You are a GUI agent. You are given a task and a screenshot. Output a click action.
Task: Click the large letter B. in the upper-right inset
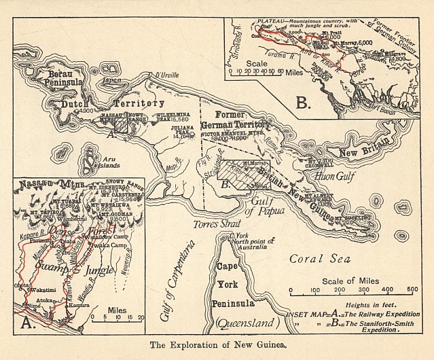click(304, 103)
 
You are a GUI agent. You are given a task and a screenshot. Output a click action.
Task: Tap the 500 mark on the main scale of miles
click(412, 289)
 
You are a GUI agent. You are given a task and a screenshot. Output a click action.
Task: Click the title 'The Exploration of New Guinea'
click(216, 344)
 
